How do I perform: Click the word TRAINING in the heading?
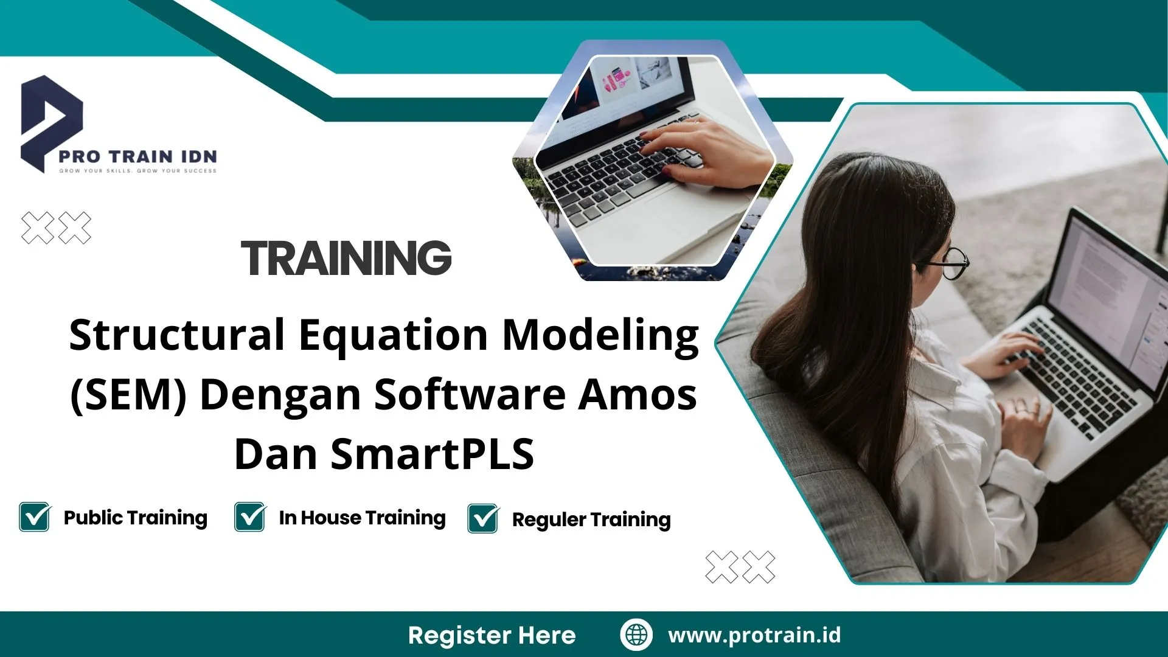[x=346, y=258]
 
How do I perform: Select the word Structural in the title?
[x=177, y=335]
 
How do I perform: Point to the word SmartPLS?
[x=432, y=454]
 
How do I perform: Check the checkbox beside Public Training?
[x=35, y=517]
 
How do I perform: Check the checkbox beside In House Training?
[x=250, y=517]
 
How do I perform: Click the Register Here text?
[x=492, y=635]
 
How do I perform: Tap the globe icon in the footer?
[x=636, y=634]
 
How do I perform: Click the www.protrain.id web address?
[x=754, y=635]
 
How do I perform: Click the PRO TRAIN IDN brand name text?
[x=137, y=156]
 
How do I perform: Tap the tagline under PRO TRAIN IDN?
[x=137, y=171]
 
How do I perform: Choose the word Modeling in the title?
[x=600, y=335]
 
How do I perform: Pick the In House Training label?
[x=362, y=518]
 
